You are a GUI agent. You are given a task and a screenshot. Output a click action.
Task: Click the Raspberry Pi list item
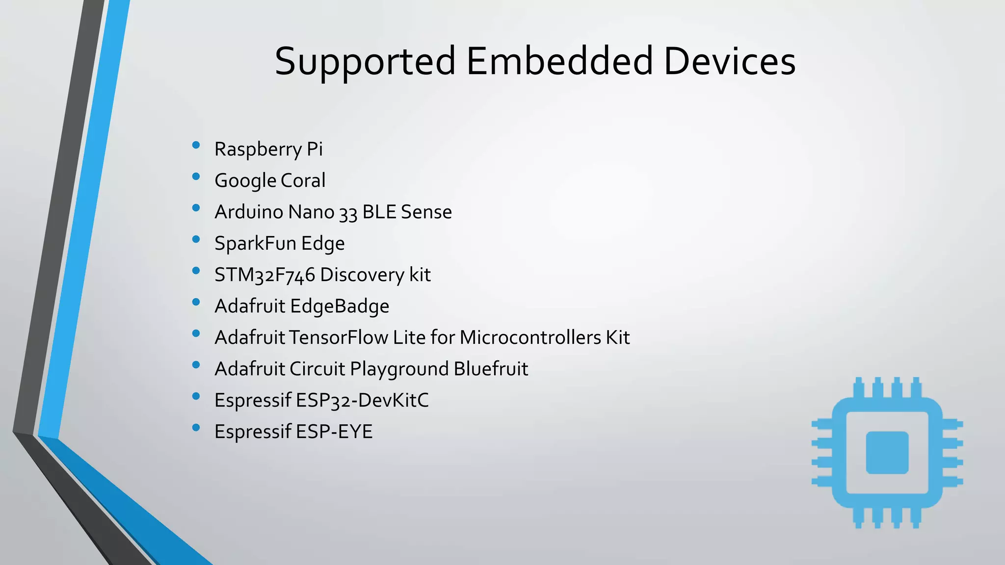(268, 149)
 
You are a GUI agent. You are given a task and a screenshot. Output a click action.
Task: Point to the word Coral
(303, 180)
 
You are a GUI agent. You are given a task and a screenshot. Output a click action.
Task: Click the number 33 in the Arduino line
(348, 213)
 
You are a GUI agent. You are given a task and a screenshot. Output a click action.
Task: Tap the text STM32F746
(264, 275)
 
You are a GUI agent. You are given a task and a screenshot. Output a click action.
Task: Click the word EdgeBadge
(340, 307)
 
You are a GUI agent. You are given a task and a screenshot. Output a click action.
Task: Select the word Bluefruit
(491, 369)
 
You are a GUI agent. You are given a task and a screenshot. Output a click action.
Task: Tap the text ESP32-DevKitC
(362, 400)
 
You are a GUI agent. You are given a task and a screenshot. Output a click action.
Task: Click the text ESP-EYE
(334, 432)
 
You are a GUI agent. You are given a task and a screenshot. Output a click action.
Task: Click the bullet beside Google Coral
(196, 177)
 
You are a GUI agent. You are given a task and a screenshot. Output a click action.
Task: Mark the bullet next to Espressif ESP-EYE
(196, 428)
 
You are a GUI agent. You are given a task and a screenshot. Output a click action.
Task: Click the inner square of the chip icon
(887, 453)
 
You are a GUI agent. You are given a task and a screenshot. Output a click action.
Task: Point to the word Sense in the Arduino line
(426, 212)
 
